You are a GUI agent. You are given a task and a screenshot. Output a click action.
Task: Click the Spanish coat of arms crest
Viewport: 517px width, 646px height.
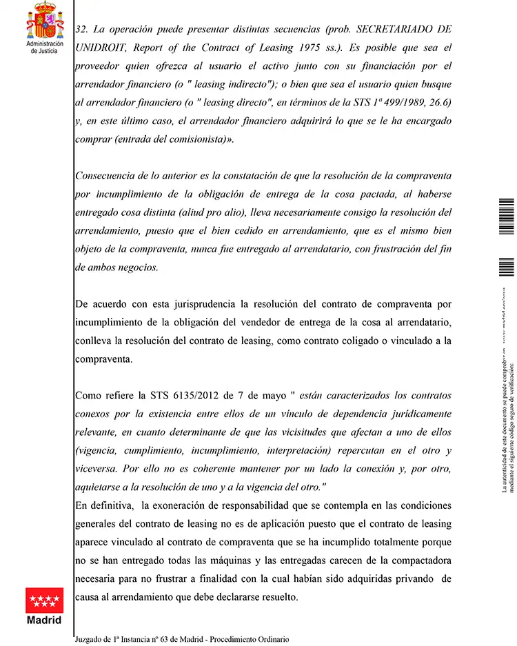tap(45, 21)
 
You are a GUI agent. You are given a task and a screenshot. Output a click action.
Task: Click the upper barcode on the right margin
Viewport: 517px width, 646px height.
tap(506, 216)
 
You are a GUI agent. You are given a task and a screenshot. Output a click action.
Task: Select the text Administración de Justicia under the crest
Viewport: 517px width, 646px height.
tap(45, 48)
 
